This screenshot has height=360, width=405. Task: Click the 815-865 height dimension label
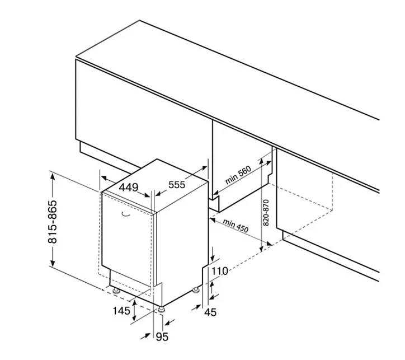click(x=52, y=222)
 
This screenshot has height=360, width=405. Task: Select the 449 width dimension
click(x=129, y=187)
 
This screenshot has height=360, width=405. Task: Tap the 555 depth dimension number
click(x=177, y=185)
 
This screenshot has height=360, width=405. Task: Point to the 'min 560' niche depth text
click(x=238, y=175)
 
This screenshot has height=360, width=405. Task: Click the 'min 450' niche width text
click(x=236, y=226)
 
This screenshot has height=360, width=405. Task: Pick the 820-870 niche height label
click(x=266, y=213)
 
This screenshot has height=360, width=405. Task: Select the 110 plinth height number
click(x=220, y=271)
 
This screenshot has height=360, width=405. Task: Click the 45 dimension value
click(x=210, y=312)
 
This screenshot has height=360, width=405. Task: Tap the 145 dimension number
click(x=121, y=311)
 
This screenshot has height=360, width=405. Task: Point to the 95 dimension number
click(x=162, y=336)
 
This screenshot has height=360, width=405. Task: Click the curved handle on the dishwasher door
click(x=126, y=214)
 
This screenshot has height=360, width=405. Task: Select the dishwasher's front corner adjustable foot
click(x=162, y=310)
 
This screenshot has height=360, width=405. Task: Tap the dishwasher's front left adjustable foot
click(x=116, y=291)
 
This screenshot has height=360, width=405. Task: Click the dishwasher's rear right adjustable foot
click(x=196, y=290)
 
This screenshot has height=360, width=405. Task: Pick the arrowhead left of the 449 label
click(x=105, y=178)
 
